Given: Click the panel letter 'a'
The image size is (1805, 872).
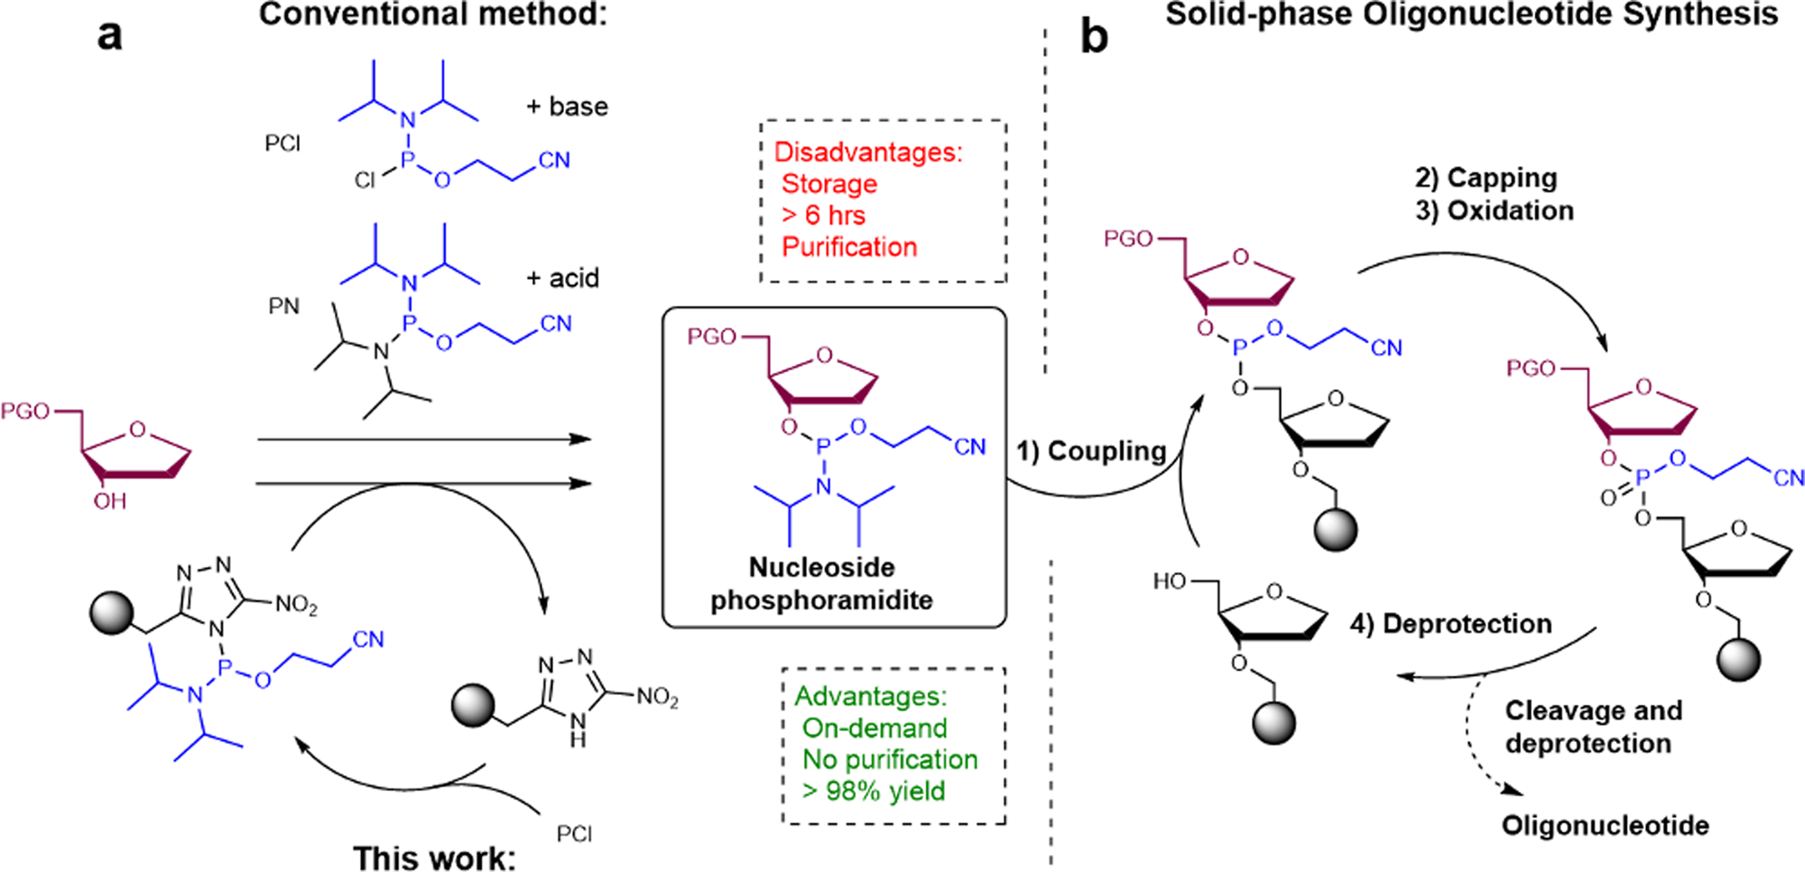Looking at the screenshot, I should point(109,36).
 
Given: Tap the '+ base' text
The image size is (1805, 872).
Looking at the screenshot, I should point(567,107).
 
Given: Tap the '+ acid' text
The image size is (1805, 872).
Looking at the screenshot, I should point(562,278).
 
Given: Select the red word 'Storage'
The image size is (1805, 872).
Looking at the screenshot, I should point(828,184).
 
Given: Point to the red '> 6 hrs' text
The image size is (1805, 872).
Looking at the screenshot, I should point(822,216).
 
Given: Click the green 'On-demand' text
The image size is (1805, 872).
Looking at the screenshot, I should point(874,728).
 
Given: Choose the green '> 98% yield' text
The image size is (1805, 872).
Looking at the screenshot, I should point(873,791).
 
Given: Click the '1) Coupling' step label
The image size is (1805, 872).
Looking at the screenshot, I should point(1091,450).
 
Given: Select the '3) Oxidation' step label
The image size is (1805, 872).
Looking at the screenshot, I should point(1494,210).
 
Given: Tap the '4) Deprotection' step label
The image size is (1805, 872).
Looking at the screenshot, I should point(1450,624).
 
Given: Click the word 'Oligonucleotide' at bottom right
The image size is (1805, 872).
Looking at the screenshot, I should point(1605,825).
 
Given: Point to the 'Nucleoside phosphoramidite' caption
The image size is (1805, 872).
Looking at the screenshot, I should point(821,583).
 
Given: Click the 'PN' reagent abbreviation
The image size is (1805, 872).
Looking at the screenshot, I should point(283,307).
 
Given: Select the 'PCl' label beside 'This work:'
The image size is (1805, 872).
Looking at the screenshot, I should point(574,833).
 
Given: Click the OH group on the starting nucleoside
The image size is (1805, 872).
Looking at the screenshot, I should point(110,501).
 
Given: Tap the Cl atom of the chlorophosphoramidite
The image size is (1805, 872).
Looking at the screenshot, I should point(365,181).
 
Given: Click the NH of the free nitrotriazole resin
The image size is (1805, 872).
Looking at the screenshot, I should point(578,729).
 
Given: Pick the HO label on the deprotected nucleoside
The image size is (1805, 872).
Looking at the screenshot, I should point(1170,581).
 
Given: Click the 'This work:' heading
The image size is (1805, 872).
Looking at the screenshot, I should point(434,857).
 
